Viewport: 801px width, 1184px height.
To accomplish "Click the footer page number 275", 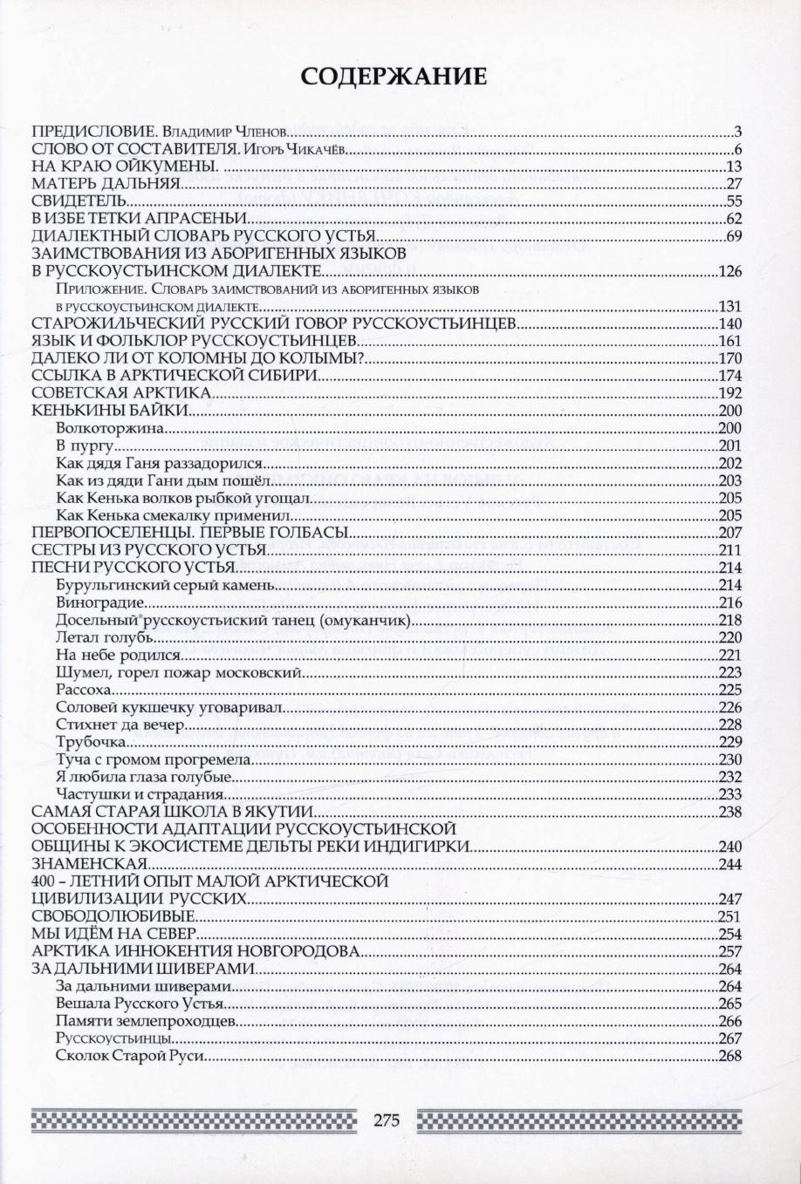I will tap(386, 1120).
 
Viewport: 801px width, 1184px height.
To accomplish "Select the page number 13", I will tap(733, 167).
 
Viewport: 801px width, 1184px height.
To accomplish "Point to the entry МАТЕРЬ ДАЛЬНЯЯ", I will tap(106, 183).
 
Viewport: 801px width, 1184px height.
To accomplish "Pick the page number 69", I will tap(733, 235).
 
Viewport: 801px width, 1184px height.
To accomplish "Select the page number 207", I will tap(729, 532).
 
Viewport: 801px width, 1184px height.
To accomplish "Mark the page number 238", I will tap(729, 812).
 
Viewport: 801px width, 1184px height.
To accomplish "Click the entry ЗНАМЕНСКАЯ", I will tap(88, 864).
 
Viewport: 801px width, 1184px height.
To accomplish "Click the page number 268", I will tap(729, 1056).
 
